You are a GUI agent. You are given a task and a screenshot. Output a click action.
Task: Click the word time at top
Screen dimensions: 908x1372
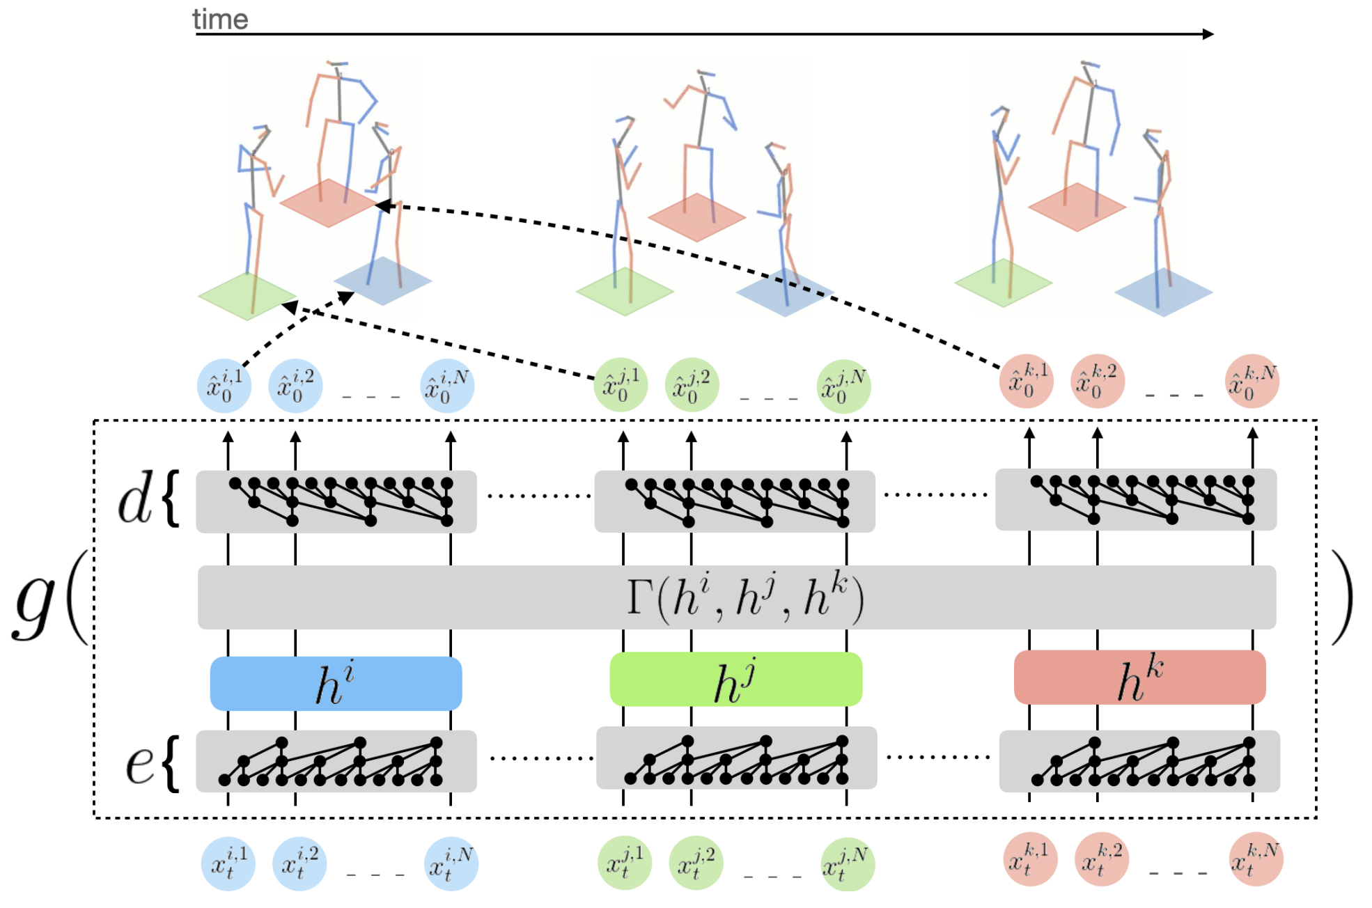click(220, 19)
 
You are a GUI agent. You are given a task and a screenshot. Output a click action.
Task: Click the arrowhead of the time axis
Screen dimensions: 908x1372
click(1208, 33)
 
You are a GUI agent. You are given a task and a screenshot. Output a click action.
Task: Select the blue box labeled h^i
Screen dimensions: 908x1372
click(336, 683)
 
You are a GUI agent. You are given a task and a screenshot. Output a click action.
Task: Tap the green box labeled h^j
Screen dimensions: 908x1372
click(735, 680)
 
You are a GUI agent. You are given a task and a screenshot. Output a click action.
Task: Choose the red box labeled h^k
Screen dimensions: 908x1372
click(1139, 678)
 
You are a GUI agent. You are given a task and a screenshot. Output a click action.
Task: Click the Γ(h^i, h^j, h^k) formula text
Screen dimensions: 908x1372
click(745, 597)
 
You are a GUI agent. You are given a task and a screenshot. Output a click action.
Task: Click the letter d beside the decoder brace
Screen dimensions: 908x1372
click(134, 500)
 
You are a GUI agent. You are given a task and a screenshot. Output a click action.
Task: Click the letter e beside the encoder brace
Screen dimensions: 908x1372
click(139, 764)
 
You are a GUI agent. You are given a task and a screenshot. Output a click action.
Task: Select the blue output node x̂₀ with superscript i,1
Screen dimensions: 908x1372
click(224, 386)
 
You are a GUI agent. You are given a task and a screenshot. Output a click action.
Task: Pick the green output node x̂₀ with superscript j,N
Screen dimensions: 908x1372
click(843, 386)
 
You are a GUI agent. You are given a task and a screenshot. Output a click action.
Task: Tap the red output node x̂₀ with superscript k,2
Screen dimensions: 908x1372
click(1097, 381)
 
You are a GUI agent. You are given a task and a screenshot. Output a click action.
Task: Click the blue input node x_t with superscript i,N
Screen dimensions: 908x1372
click(451, 863)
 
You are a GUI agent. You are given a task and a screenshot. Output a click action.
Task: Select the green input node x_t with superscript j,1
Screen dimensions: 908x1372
click(625, 863)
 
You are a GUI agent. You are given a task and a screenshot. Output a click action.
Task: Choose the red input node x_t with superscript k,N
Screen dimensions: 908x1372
click(1256, 859)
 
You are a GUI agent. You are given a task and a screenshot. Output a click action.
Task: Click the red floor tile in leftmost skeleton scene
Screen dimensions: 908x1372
click(328, 203)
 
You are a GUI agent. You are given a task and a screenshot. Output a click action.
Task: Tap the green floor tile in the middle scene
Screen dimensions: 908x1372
click(624, 292)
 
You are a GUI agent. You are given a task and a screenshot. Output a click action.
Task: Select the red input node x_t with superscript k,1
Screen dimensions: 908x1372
click(1030, 859)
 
